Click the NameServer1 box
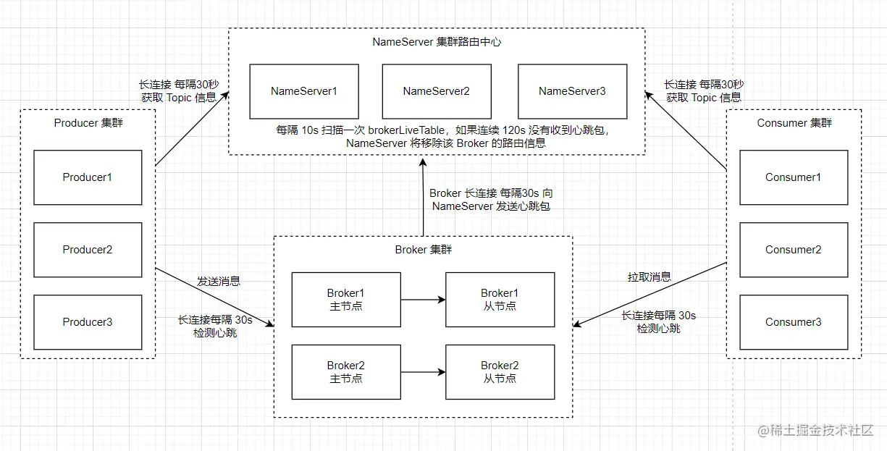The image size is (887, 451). (304, 91)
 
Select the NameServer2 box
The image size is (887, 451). (437, 91)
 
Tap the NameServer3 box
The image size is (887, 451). (572, 91)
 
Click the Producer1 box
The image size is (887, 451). (88, 177)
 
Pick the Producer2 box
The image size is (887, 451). (88, 250)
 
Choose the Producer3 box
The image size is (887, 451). (88, 322)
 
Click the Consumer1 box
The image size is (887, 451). (793, 177)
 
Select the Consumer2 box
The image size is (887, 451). (793, 250)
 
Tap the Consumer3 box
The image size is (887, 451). (793, 322)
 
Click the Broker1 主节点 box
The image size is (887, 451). (345, 299)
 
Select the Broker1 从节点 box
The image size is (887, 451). (500, 299)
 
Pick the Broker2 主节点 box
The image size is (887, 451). (345, 372)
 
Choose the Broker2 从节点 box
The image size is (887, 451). (500, 372)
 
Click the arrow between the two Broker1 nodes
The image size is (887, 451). (423, 299)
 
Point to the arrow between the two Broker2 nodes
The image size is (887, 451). (423, 372)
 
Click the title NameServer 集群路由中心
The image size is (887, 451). (437, 42)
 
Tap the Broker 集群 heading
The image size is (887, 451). (424, 250)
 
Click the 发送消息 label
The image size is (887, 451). (218, 281)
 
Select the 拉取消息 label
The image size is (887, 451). (649, 277)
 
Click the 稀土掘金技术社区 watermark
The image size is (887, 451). (822, 431)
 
